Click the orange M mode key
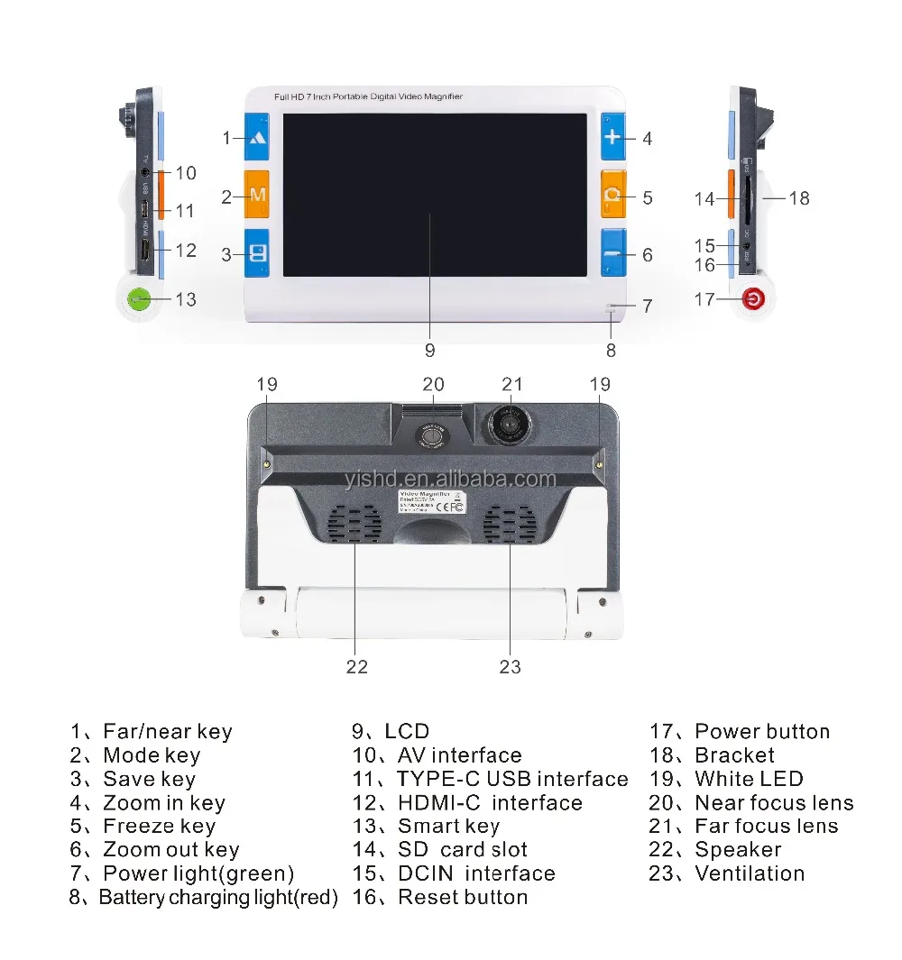[257, 195]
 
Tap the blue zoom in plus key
[613, 137]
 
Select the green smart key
[139, 298]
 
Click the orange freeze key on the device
[613, 196]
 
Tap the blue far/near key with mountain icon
[257, 138]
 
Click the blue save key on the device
[257, 252]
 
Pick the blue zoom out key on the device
[613, 253]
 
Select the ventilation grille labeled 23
[509, 524]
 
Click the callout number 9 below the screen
[429, 350]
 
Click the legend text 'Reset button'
[463, 897]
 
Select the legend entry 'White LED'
[749, 779]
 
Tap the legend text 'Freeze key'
[159, 826]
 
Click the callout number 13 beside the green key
[185, 299]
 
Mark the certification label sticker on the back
[430, 501]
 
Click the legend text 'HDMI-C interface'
[490, 802]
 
